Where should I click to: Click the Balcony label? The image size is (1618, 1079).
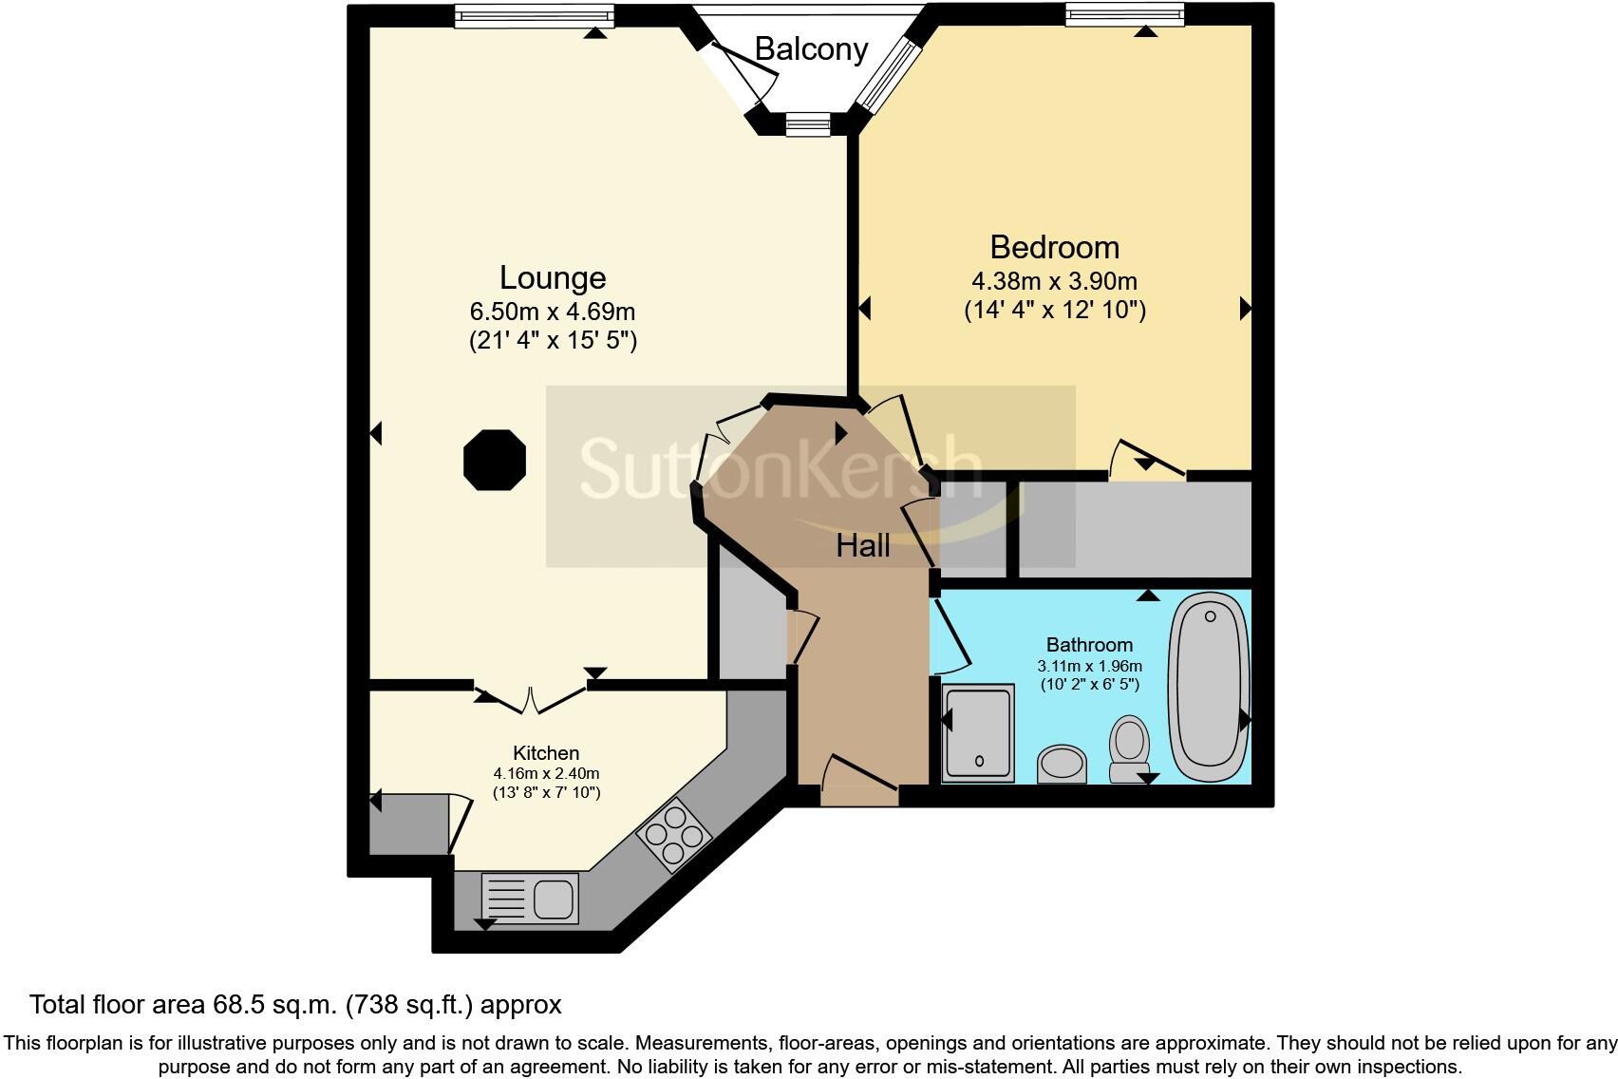[x=811, y=49]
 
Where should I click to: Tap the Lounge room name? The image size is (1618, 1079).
[x=553, y=278]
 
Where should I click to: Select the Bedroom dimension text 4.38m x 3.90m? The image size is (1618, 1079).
[x=1054, y=282]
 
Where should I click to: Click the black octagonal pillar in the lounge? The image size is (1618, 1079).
[x=495, y=460]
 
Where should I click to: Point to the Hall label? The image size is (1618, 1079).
[x=863, y=546]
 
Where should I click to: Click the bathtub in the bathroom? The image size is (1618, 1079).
[x=1209, y=686]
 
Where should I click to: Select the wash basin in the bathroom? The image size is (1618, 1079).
[x=1062, y=763]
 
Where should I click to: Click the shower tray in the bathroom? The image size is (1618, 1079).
[x=979, y=733]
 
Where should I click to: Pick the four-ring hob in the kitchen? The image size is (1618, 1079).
[x=675, y=836]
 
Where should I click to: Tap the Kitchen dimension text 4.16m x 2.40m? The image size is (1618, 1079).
[x=546, y=773]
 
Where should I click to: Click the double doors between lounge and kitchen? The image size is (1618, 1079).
[x=532, y=698]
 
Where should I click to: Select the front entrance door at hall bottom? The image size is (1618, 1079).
[x=859, y=781]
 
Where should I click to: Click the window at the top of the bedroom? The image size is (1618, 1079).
[x=1124, y=14]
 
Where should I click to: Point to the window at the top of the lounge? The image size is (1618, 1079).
[x=534, y=14]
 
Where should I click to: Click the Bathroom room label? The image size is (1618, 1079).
[x=1089, y=645]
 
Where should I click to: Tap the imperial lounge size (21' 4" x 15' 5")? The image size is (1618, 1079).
[x=553, y=341]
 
